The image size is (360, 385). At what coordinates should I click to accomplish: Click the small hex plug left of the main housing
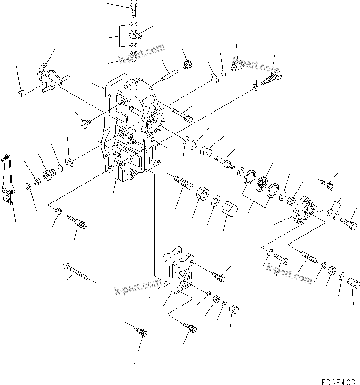[x=86, y=123]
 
